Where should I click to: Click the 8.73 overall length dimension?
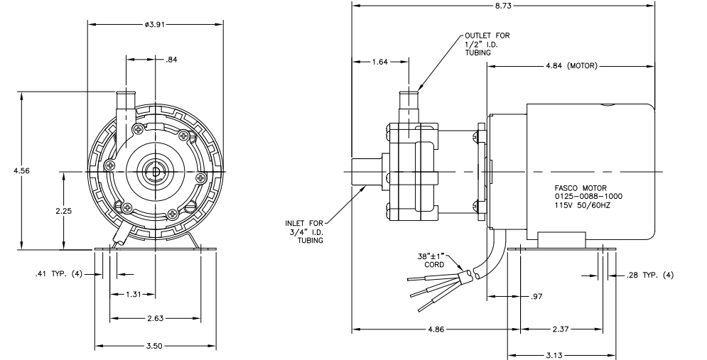[x=503, y=6]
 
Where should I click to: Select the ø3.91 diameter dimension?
[x=155, y=24]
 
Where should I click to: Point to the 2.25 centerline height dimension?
[x=64, y=210]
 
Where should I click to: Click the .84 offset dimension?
[x=171, y=60]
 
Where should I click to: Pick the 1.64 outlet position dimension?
[x=379, y=62]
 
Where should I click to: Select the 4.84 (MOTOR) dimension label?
[x=571, y=66]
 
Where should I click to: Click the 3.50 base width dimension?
[x=154, y=346]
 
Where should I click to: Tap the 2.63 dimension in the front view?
[x=155, y=319]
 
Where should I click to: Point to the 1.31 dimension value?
[x=134, y=294]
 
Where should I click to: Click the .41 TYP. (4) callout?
[x=58, y=274]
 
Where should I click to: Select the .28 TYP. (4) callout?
[x=649, y=275]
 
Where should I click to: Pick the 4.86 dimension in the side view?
[x=436, y=329]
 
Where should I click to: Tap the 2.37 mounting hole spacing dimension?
[x=560, y=329]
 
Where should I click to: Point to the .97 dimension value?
[x=536, y=297]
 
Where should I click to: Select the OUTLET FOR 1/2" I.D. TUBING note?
[x=487, y=44]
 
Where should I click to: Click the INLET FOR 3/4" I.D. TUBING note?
[x=304, y=231]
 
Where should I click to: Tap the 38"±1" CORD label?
[x=433, y=261]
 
